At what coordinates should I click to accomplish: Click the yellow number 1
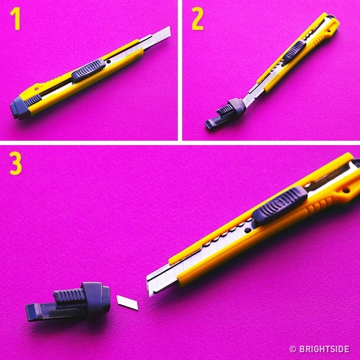pos(16,19)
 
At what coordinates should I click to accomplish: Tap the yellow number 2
pos(198,19)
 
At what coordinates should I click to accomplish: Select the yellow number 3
pos(16,163)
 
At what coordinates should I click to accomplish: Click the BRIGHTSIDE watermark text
pos(324,349)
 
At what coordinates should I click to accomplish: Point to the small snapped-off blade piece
pos(127,302)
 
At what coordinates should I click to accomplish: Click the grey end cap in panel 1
pos(19,108)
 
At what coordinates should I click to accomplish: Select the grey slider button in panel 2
pos(295,53)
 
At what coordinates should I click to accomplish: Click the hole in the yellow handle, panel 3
pos(346,191)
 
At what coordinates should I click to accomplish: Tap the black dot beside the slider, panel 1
pos(109,61)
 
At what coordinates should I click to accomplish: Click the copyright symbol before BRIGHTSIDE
pos(293,349)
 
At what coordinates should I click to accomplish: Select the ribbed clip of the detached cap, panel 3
pos(68,296)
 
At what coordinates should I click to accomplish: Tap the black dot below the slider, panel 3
pos(248,230)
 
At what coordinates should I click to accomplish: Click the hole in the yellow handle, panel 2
pos(330,30)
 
